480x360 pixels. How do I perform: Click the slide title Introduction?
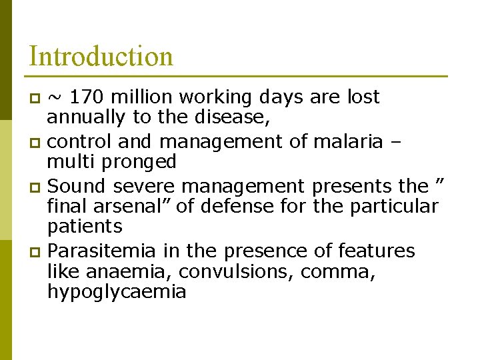101,56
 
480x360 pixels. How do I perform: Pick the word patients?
85,226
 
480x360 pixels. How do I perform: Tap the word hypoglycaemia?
117,292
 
